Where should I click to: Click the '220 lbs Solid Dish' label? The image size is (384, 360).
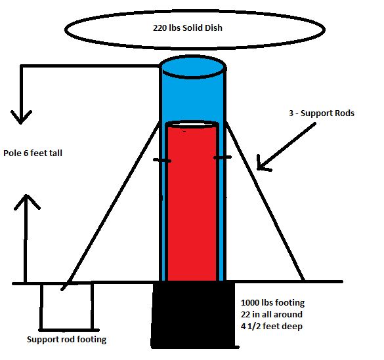tap(188, 28)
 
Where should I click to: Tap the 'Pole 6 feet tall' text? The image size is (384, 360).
tap(33, 153)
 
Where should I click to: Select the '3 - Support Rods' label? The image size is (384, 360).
tap(322, 113)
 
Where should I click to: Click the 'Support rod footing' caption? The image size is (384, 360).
tap(66, 340)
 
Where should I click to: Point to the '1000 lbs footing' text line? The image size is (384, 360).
tap(272, 303)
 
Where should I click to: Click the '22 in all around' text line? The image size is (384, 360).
tap(272, 314)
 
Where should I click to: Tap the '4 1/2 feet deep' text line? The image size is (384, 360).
tap(272, 327)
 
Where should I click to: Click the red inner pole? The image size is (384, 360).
tap(192, 203)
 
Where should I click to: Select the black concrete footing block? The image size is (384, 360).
tap(194, 314)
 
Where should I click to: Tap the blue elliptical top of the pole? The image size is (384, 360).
tap(193, 66)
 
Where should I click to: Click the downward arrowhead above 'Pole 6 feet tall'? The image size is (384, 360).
tap(21, 117)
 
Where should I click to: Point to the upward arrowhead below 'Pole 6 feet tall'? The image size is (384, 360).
tap(27, 201)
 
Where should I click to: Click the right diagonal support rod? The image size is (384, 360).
tap(265, 201)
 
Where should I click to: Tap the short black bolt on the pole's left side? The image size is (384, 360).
tap(162, 161)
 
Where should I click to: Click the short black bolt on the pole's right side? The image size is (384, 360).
tap(223, 157)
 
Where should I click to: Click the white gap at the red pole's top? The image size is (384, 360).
tap(192, 125)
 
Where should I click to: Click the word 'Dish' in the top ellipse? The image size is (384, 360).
tap(213, 28)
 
